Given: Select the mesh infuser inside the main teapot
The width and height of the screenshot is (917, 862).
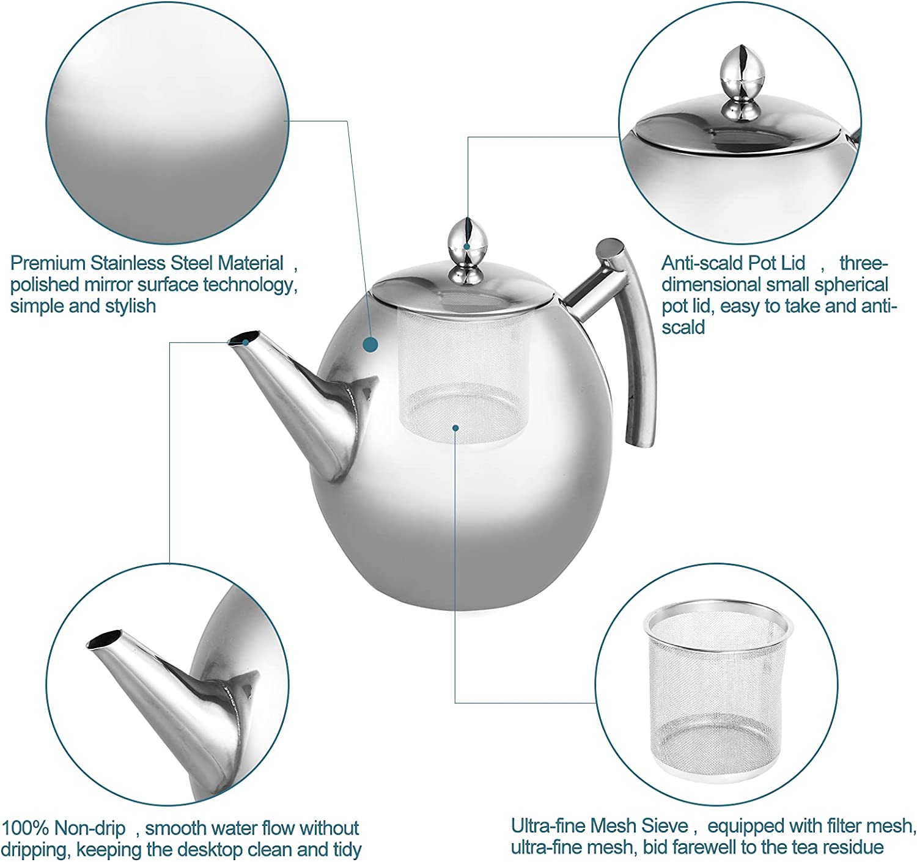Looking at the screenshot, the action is (462, 374).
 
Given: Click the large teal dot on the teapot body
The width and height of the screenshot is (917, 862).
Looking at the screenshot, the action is (370, 345).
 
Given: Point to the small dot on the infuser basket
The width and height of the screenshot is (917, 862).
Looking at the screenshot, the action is (455, 428).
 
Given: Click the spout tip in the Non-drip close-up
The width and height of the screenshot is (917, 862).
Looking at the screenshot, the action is (105, 639).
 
